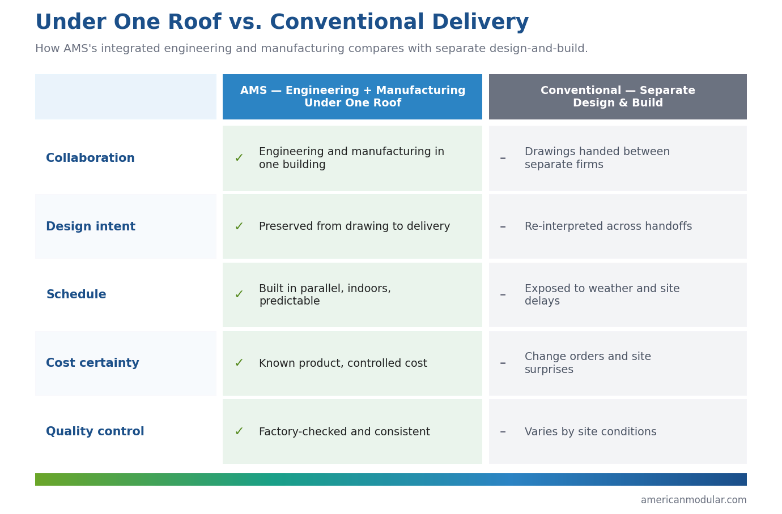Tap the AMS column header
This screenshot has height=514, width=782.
point(352,97)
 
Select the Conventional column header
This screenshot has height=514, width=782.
point(618,97)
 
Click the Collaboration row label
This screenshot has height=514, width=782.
point(90,157)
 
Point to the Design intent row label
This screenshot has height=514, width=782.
point(91,226)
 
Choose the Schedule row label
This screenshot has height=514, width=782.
point(76,294)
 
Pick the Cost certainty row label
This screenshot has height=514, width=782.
point(92,363)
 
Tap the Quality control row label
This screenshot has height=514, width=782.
point(95,431)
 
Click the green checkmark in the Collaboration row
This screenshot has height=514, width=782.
point(239,158)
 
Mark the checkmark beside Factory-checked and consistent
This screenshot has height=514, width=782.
point(239,431)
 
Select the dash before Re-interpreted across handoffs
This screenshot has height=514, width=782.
point(503,226)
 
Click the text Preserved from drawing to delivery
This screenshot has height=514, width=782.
point(354,226)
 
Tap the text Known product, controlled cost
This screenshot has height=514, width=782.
point(343,363)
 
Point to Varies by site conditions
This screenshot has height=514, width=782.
point(590,431)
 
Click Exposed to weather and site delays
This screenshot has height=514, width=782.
point(602,294)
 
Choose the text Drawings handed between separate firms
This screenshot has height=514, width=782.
point(597,157)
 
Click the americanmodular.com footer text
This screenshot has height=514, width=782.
point(694,500)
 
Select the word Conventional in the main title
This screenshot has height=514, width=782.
point(347,22)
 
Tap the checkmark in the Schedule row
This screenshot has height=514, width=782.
point(239,294)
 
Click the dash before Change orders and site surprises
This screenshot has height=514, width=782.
point(503,363)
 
